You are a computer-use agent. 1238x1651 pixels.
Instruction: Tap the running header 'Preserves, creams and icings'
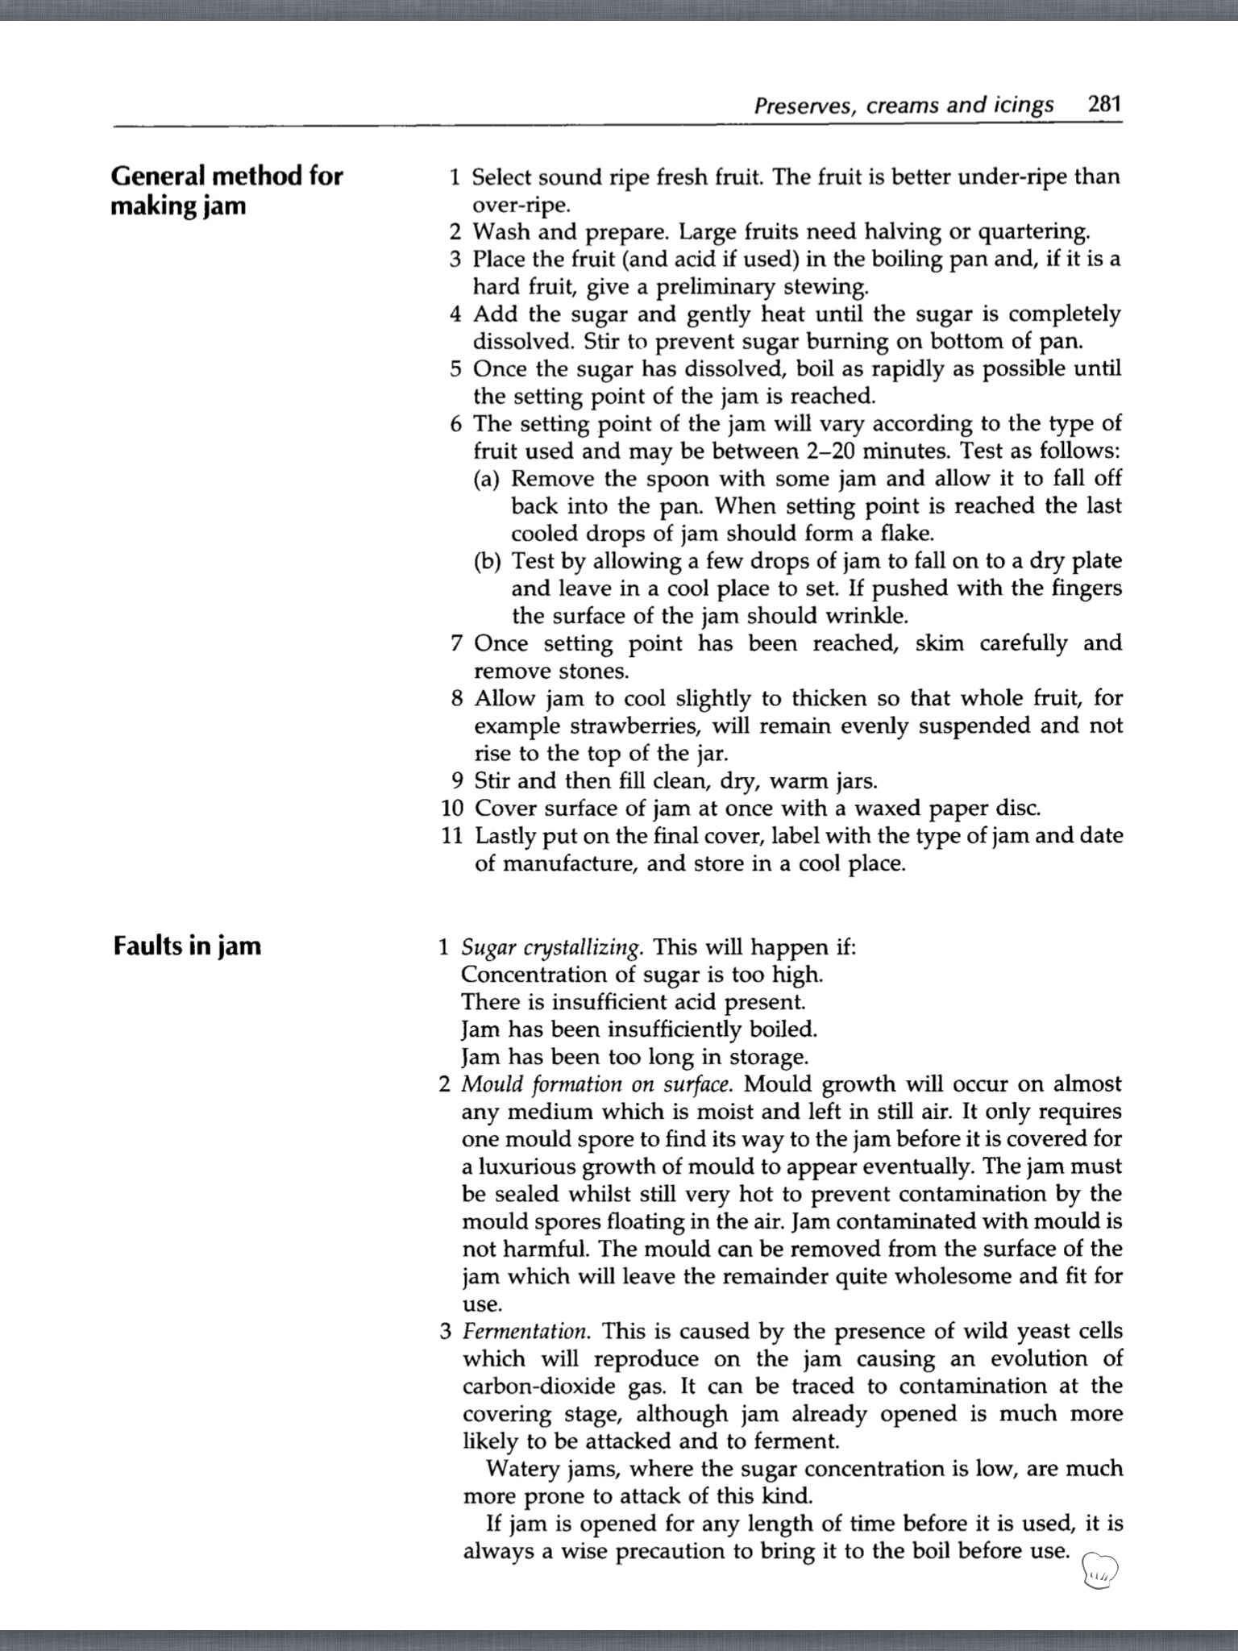tap(904, 106)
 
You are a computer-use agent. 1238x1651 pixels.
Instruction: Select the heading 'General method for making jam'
tap(226, 190)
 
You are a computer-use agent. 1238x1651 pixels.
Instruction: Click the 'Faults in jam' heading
tap(187, 945)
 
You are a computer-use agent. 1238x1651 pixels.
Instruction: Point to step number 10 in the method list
tap(451, 808)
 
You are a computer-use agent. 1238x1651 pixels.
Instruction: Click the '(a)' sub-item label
tap(487, 479)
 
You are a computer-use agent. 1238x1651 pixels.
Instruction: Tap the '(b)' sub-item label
tap(487, 561)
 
